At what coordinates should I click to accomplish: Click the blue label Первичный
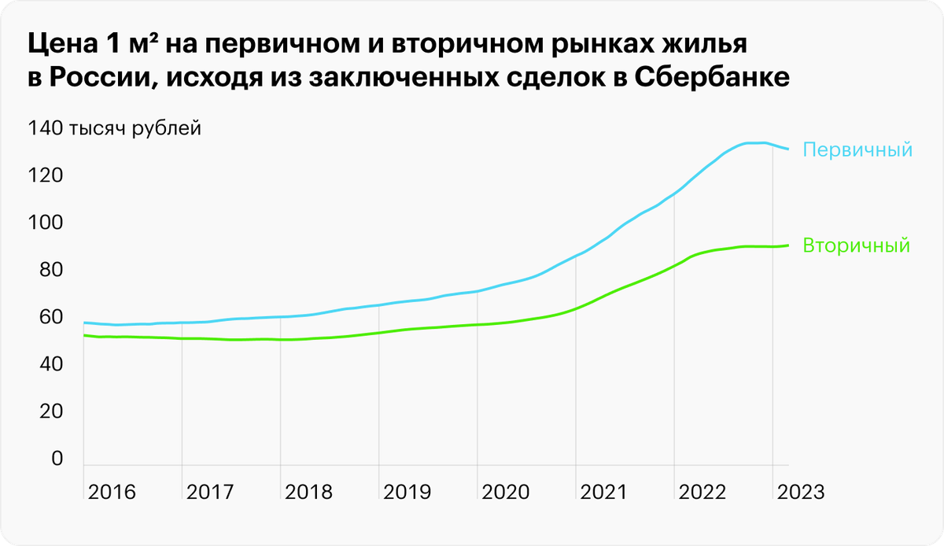857,149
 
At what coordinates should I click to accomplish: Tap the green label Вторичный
856,245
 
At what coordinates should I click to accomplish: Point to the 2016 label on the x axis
112,493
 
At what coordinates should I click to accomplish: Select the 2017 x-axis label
210,493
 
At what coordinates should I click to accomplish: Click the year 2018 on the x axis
308,493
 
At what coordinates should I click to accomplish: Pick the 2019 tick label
407,493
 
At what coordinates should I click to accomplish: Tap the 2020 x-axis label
506,493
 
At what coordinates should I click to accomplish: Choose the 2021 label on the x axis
604,493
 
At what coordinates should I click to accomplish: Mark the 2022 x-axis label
702,493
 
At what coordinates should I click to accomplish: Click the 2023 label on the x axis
801,493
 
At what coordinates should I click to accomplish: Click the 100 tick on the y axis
44,223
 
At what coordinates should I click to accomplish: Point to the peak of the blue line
755,142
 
